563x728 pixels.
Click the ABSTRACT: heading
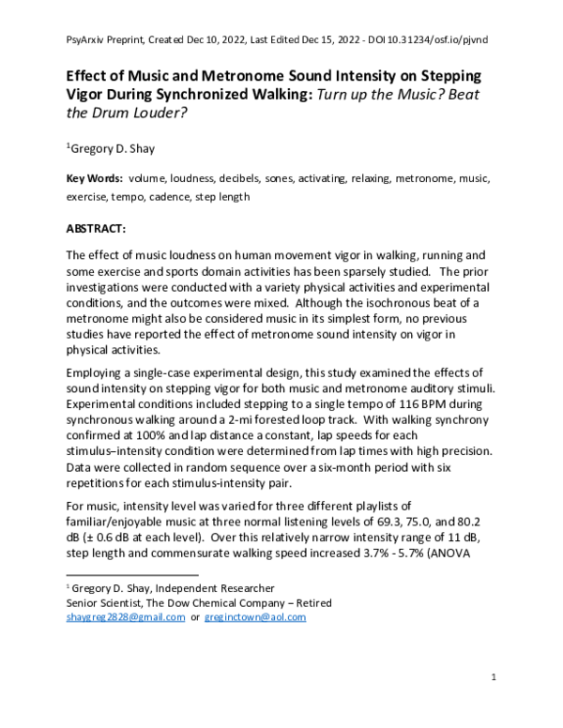(x=101, y=227)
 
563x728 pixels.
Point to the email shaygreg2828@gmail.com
(x=125, y=618)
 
